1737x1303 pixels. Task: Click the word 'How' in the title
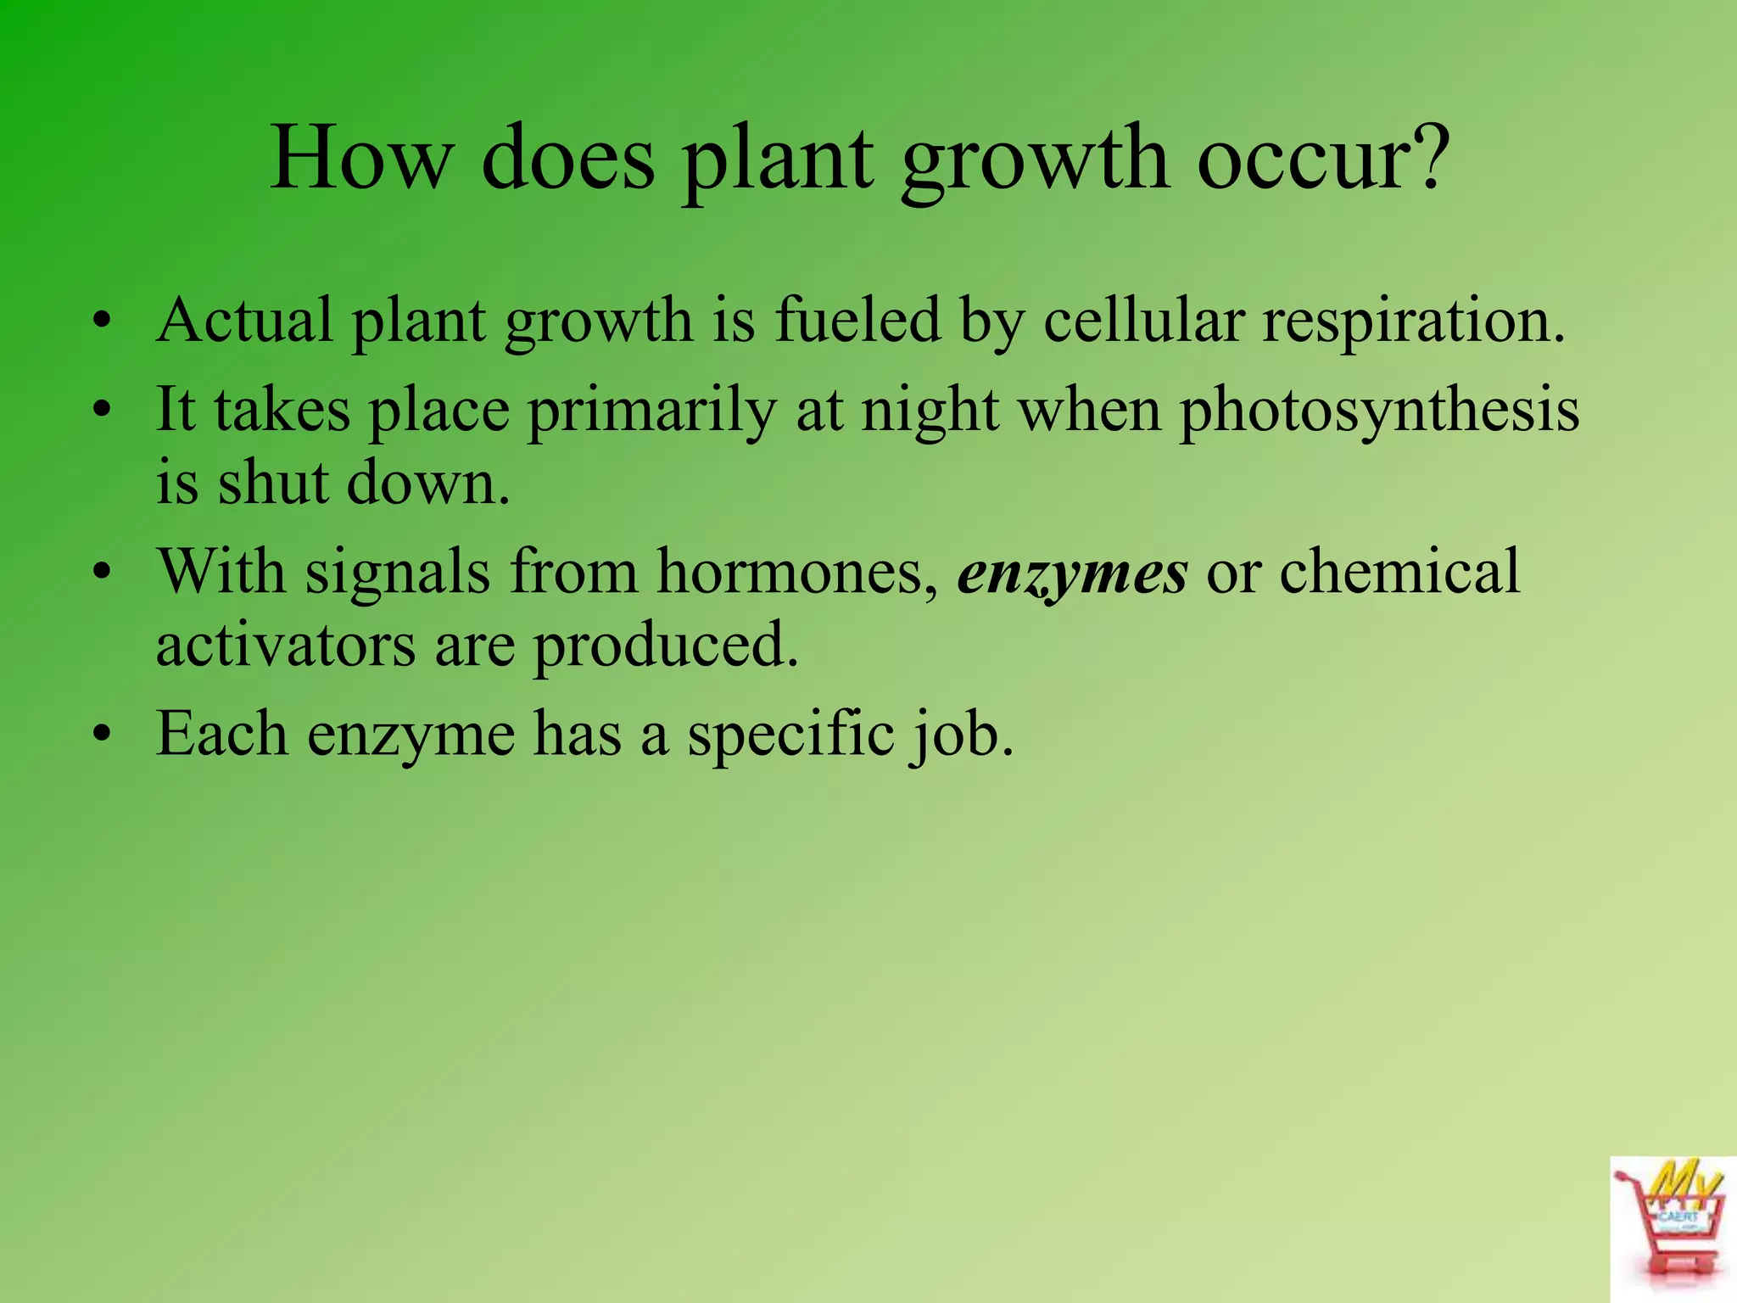(361, 159)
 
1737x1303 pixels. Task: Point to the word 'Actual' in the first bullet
(244, 321)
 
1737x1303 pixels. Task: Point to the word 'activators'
(286, 646)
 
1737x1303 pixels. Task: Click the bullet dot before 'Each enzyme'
(103, 733)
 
